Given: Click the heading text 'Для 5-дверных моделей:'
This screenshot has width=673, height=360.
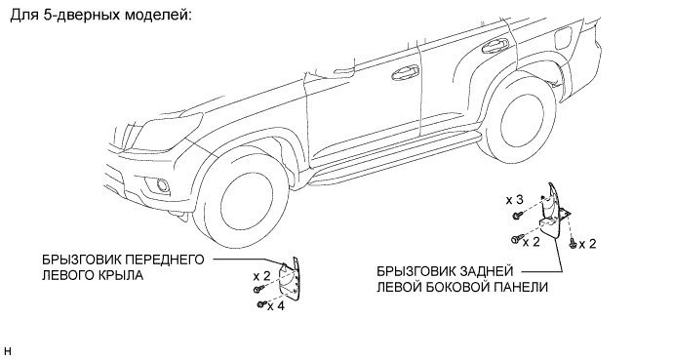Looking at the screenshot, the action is click(x=100, y=16).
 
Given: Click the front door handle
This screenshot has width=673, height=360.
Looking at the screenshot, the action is click(x=406, y=73).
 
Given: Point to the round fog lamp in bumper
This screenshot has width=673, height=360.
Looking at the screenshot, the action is click(x=163, y=185).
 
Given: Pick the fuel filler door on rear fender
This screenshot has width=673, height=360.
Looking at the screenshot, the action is click(x=564, y=37).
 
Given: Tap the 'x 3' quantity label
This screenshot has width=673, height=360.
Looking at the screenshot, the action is click(x=515, y=200).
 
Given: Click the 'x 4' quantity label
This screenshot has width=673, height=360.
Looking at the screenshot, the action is click(x=276, y=306).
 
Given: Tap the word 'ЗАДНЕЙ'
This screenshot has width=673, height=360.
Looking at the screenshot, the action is click(x=487, y=271).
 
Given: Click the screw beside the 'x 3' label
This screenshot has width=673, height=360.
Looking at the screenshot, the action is click(x=517, y=215).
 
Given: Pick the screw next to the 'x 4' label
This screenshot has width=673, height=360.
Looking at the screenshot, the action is click(x=261, y=304).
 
